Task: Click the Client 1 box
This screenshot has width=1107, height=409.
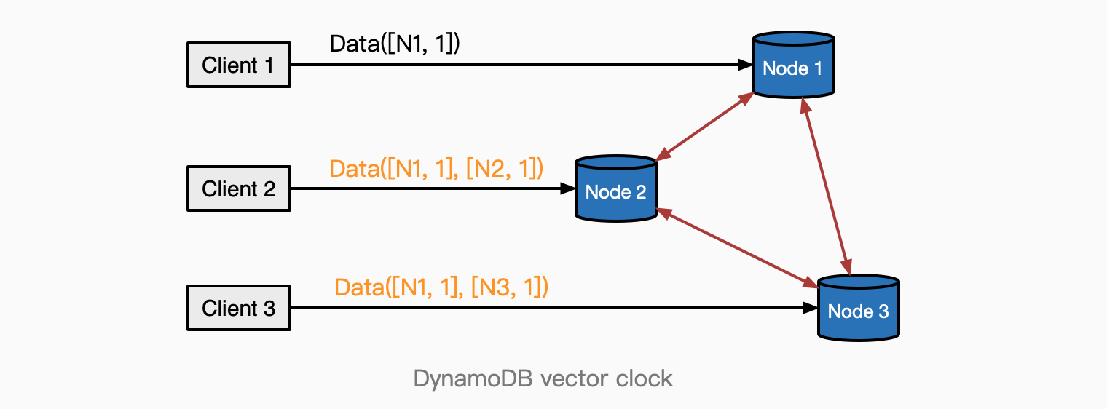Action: (238, 65)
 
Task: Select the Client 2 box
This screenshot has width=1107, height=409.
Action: (238, 189)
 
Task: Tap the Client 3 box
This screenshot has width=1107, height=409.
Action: (238, 308)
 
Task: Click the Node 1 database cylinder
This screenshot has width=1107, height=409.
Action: (792, 65)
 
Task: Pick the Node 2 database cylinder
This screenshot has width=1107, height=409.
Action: (615, 188)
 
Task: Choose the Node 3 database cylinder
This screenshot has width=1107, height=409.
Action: (858, 308)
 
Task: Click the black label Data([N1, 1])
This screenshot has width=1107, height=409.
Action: (395, 44)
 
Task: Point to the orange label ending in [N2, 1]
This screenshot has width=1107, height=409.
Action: (436, 169)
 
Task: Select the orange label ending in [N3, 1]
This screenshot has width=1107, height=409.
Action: (441, 287)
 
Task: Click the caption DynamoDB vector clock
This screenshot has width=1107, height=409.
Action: (543, 379)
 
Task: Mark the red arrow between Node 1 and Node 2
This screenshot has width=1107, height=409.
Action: (704, 127)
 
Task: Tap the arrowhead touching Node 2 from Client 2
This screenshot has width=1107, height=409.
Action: (568, 188)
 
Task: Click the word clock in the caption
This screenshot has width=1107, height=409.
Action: (644, 379)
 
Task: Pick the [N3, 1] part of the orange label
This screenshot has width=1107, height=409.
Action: (509, 287)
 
